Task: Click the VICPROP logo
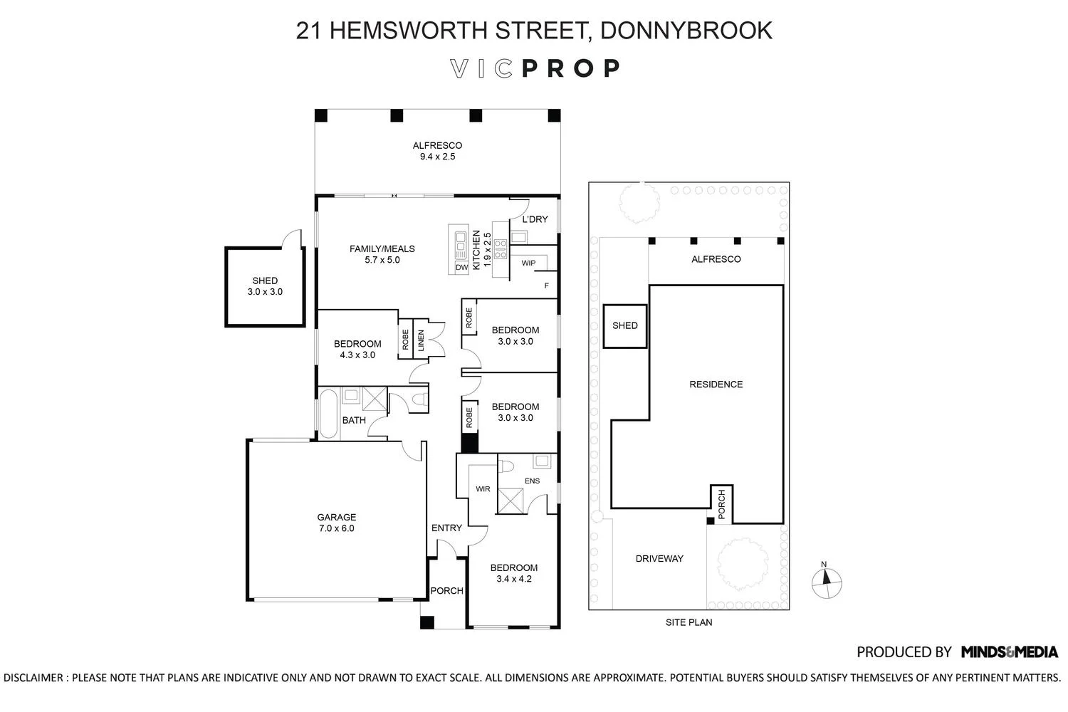535,68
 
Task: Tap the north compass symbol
826,582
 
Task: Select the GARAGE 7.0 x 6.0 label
336,523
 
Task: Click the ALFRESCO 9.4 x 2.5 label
437,151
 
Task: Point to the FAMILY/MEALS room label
382,254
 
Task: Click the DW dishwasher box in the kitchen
461,267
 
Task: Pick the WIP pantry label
528,263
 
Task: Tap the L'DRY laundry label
535,219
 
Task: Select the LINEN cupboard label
421,340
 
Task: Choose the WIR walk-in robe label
483,489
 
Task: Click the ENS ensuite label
532,481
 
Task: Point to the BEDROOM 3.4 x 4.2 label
513,573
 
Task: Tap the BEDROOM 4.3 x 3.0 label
357,349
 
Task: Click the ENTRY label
446,528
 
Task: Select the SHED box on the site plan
625,326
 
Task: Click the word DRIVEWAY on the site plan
659,559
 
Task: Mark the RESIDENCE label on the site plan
716,384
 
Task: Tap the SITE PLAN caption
689,622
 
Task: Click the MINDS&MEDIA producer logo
1009,651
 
